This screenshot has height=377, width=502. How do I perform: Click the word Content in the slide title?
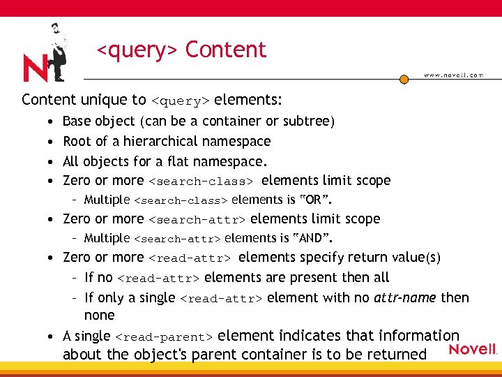[226, 50]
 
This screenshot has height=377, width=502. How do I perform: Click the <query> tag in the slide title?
[137, 50]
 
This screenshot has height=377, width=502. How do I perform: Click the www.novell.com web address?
[453, 75]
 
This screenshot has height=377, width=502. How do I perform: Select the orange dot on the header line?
[404, 80]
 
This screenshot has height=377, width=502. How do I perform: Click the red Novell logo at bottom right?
[472, 349]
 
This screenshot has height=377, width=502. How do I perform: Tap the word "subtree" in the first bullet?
[309, 121]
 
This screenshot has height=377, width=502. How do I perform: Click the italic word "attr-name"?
[405, 297]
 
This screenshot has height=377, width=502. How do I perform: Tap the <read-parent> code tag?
[168, 337]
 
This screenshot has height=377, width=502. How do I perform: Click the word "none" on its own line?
[98, 316]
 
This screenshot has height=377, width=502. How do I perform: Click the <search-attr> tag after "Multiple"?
[176, 239]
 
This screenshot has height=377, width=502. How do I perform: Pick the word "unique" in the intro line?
[100, 99]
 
